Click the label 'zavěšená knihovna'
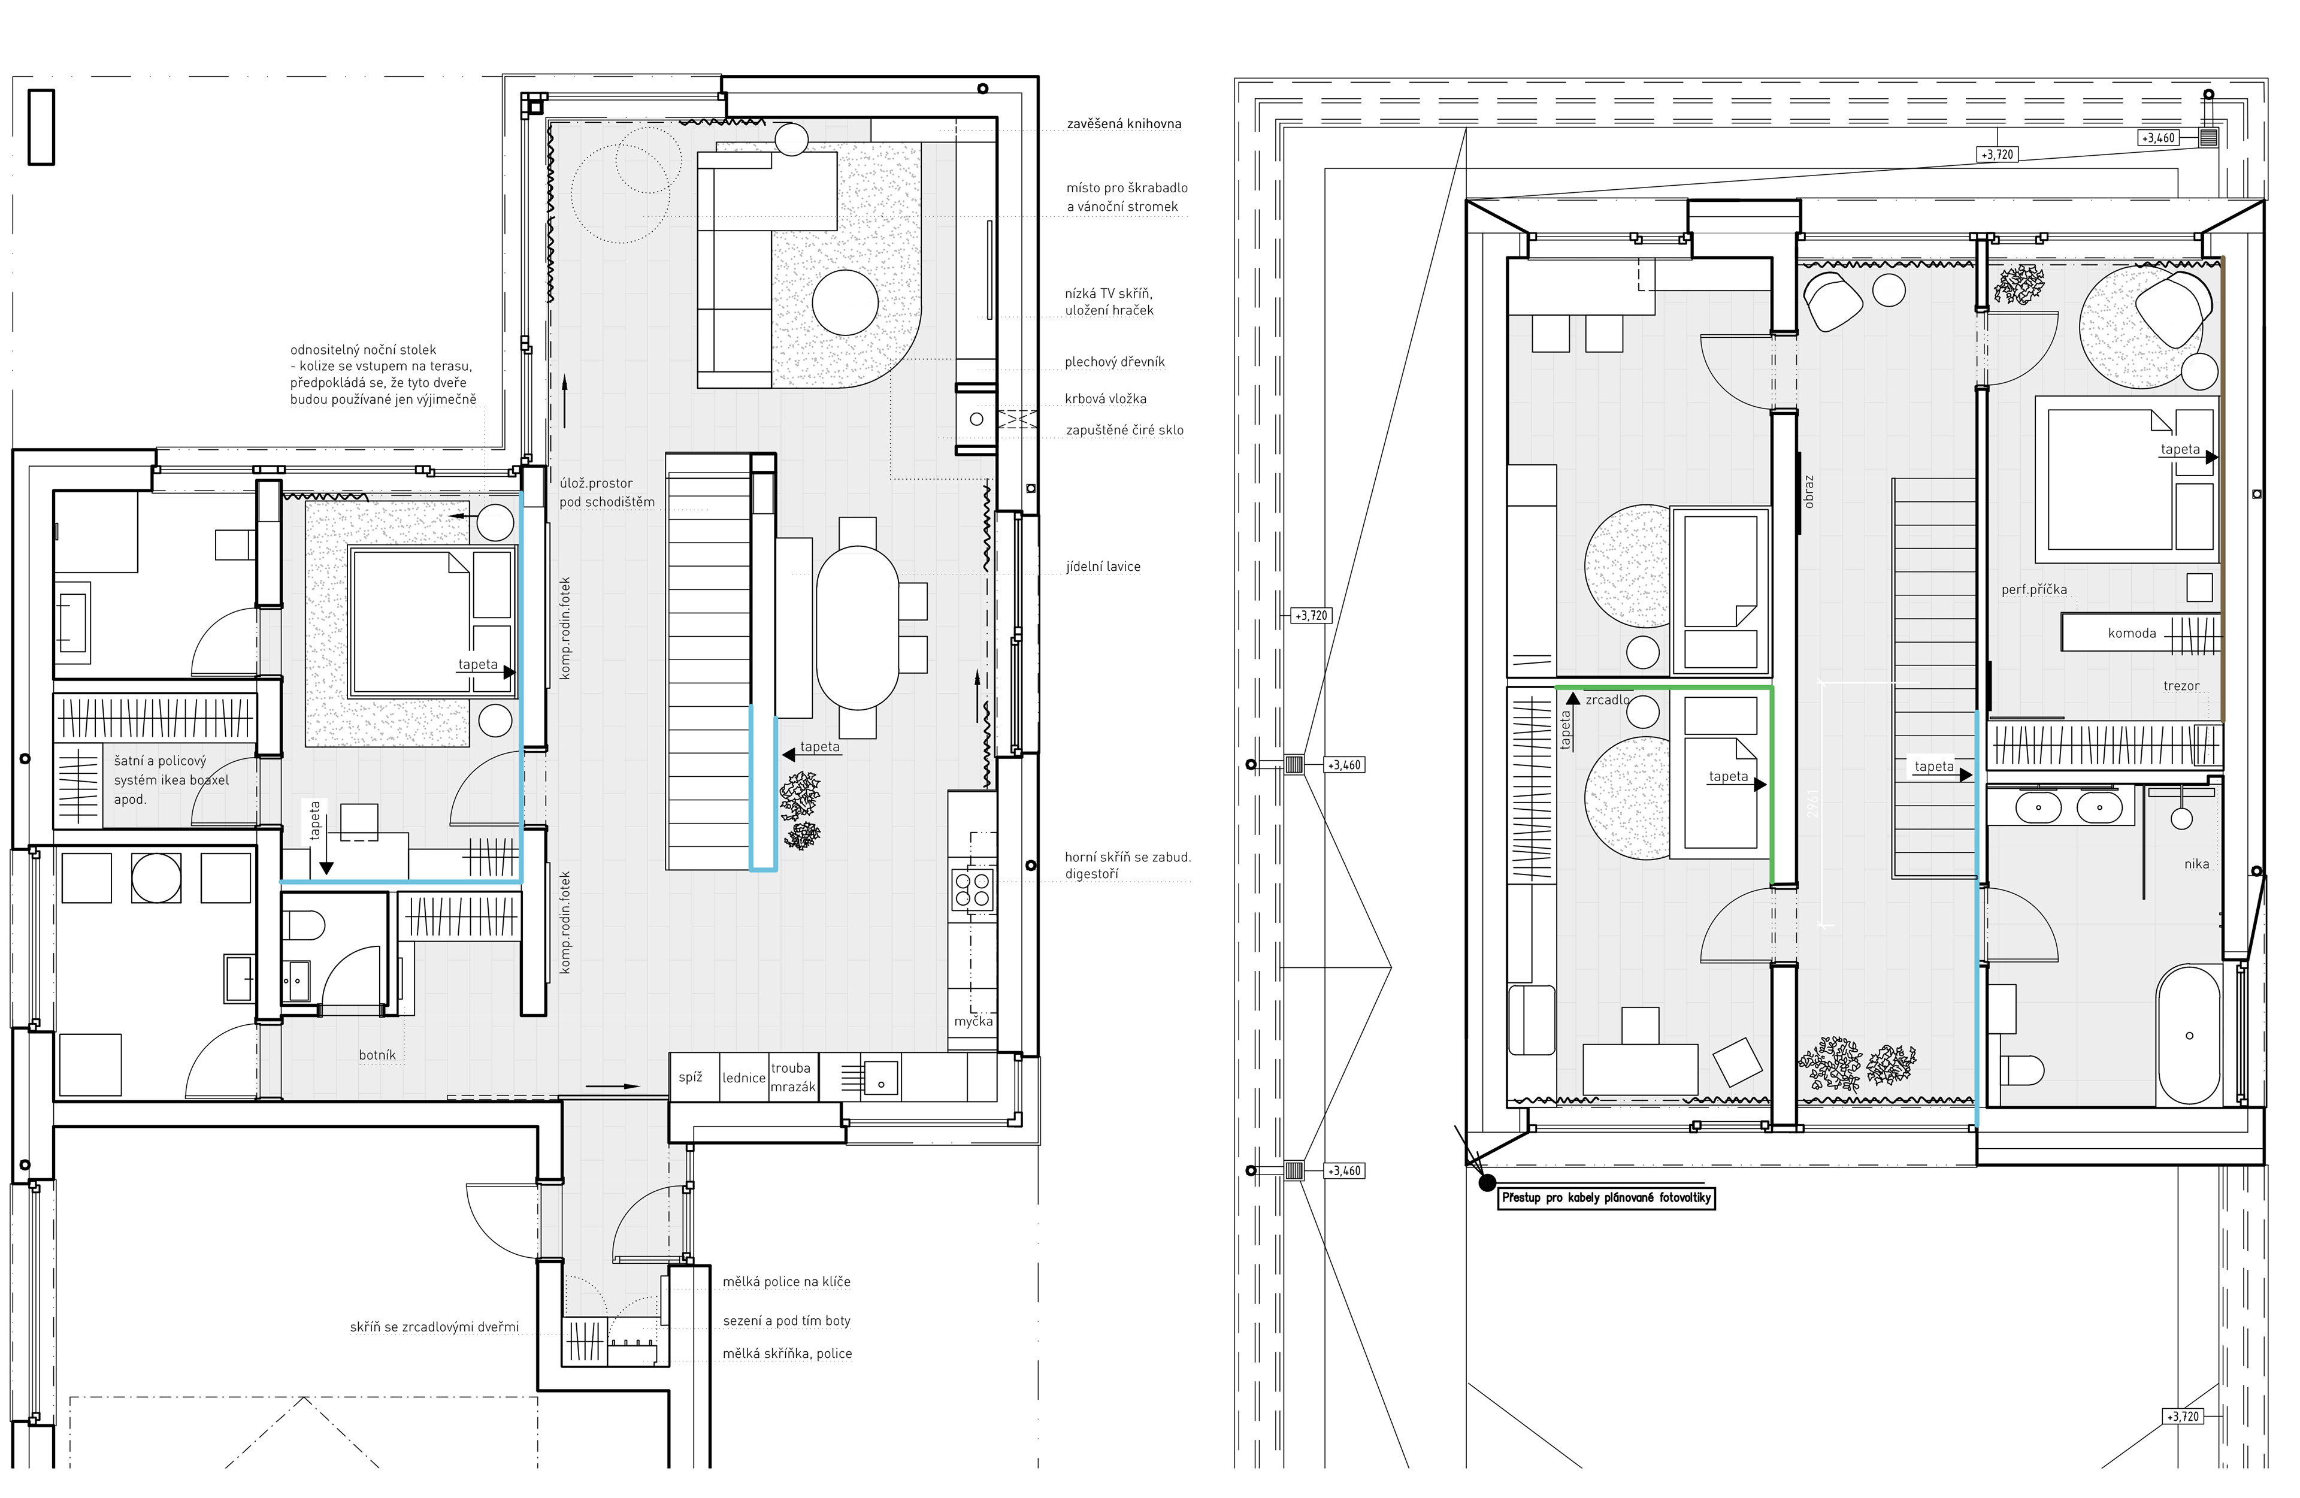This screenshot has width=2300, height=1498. point(1124,124)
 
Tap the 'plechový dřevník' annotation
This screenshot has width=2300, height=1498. point(1115,362)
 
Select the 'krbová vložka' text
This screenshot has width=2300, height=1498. point(1106,398)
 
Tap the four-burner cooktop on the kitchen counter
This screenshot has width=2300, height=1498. point(973,890)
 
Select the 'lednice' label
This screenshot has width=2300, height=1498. point(744,1078)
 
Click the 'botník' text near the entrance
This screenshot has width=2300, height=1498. point(377,1055)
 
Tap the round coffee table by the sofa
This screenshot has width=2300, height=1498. point(846,302)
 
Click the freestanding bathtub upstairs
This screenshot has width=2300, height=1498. point(2189,1034)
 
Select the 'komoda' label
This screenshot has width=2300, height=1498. point(2132,634)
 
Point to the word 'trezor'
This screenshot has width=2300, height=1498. point(2181,686)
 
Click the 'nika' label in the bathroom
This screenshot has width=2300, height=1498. point(2196,864)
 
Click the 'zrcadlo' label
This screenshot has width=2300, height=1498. point(1607,700)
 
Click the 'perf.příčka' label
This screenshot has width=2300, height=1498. point(2034,589)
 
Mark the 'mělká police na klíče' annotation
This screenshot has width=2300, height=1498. point(786,1282)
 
